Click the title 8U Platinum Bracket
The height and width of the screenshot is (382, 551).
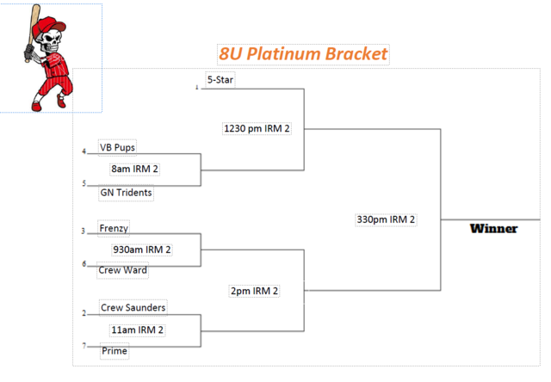pyautogui.click(x=303, y=54)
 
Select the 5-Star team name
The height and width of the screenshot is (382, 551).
pyautogui.click(x=220, y=80)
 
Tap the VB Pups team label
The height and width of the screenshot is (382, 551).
pyautogui.click(x=117, y=147)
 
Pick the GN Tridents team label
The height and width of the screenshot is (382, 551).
pyautogui.click(x=126, y=193)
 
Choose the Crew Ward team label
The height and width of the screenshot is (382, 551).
pyautogui.click(x=122, y=270)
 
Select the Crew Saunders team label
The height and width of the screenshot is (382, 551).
pyautogui.click(x=133, y=307)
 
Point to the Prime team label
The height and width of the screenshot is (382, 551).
pyautogui.click(x=115, y=351)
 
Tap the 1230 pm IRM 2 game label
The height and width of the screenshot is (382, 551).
pyautogui.click(x=257, y=129)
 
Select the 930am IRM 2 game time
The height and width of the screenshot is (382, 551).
pyautogui.click(x=142, y=250)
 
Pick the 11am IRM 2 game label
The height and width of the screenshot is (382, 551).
pyautogui.click(x=137, y=330)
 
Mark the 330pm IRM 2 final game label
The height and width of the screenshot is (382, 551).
pyautogui.click(x=386, y=219)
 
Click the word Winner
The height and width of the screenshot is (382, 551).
pyautogui.click(x=493, y=229)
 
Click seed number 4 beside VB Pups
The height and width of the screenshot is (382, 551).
pyautogui.click(x=84, y=151)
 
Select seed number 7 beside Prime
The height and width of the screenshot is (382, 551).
pyautogui.click(x=84, y=345)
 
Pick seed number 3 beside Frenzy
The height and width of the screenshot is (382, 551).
pyautogui.click(x=84, y=231)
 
